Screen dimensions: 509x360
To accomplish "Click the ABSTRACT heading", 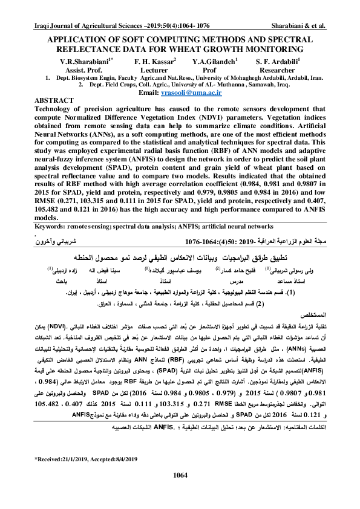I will coord(55,99).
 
